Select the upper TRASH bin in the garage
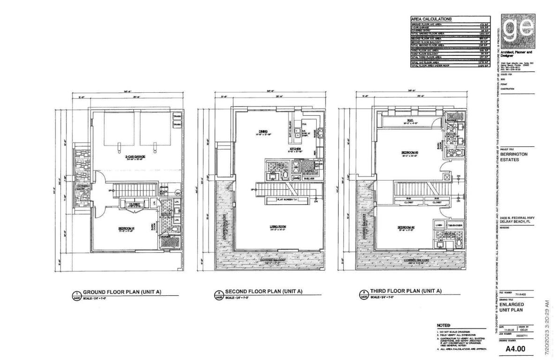point(177,116)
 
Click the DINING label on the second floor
point(263,131)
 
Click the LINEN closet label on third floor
point(438,225)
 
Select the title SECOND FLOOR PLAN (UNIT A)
point(264,291)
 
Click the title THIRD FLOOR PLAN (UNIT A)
point(406,291)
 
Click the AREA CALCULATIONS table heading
point(431,19)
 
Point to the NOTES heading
point(443,325)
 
